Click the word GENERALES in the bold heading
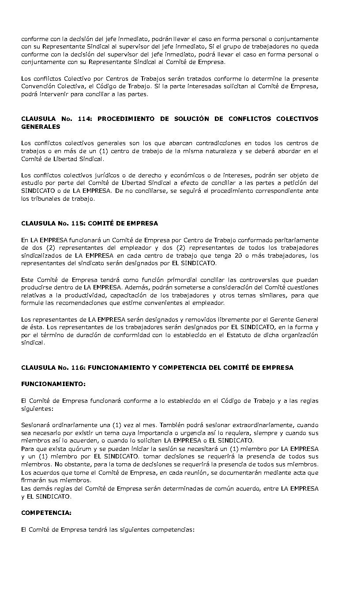(41, 127)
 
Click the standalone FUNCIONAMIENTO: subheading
(53, 384)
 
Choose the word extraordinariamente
(264, 424)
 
